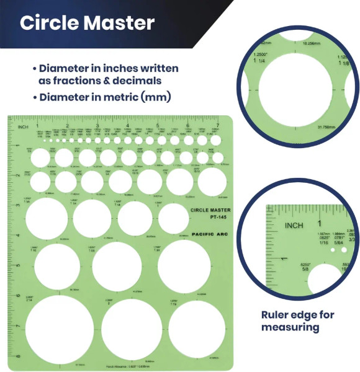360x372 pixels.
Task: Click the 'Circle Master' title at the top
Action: pyautogui.click(x=87, y=23)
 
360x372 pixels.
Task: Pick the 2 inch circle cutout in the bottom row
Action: pyautogui.click(x=132, y=329)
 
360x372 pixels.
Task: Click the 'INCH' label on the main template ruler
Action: pyautogui.click(x=23, y=127)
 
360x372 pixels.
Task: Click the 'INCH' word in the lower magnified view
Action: pyautogui.click(x=294, y=224)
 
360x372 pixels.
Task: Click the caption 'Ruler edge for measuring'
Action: pyautogui.click(x=297, y=321)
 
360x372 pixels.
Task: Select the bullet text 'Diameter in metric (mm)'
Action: pyautogui.click(x=105, y=97)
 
